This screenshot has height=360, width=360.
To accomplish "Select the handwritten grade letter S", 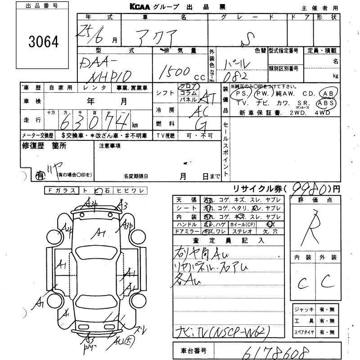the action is click(247, 42).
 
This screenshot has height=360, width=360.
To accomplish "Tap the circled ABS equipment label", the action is click(325, 103).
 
